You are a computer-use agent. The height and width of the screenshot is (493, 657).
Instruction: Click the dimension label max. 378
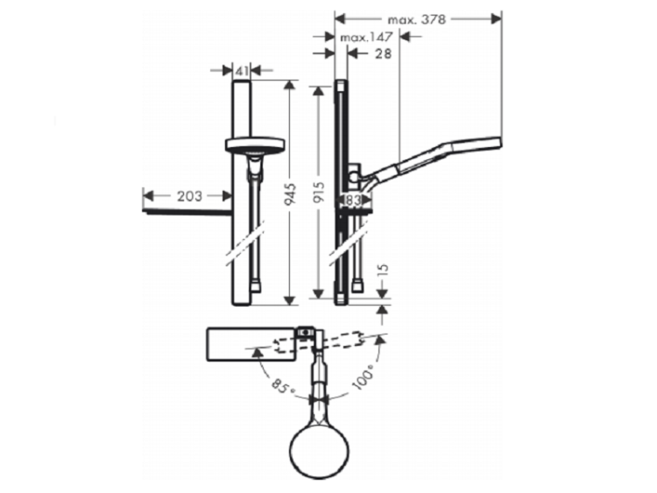pyautogui.click(x=416, y=19)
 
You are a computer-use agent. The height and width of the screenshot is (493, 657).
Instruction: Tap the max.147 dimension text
pyautogui.click(x=366, y=38)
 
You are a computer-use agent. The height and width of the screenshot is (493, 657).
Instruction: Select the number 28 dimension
pyautogui.click(x=383, y=53)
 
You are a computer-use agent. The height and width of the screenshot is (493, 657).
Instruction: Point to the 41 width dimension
pyautogui.click(x=242, y=71)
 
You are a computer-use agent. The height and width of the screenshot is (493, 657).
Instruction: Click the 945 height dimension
pyautogui.click(x=290, y=194)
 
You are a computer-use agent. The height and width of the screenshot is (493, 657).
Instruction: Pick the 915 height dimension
pyautogui.click(x=319, y=193)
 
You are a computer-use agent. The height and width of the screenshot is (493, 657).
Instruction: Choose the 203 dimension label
pyautogui.click(x=189, y=195)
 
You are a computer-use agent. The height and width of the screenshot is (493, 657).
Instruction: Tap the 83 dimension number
pyautogui.click(x=353, y=201)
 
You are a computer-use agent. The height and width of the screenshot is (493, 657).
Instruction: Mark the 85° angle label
pyautogui.click(x=283, y=386)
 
